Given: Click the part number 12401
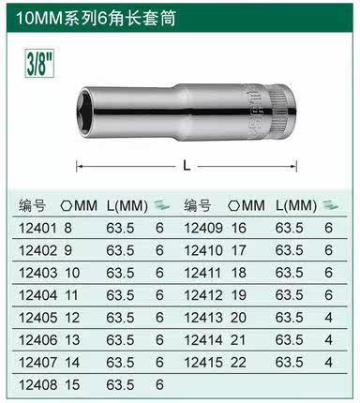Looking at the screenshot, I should click(x=37, y=228).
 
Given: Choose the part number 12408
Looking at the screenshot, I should click(x=37, y=384).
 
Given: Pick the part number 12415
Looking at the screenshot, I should click(x=202, y=362).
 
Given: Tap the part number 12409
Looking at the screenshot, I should click(x=202, y=228).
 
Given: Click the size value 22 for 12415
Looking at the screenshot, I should click(x=238, y=362).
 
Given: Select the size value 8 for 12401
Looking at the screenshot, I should click(x=67, y=228).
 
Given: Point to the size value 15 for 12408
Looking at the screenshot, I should click(x=70, y=384).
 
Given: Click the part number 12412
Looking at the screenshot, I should click(x=202, y=294).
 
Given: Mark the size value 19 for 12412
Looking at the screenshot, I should click(x=238, y=294).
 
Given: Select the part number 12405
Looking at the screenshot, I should click(x=37, y=317).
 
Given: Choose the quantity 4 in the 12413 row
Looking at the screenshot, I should click(x=328, y=317).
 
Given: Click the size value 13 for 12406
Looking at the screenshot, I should click(x=70, y=339).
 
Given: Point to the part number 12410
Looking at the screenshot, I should click(x=202, y=250).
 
